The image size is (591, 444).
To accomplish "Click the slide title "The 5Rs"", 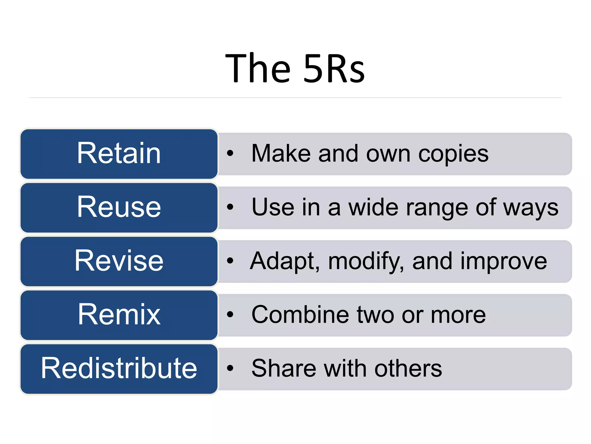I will (x=295, y=69).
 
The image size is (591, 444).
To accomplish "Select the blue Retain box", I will (x=119, y=154).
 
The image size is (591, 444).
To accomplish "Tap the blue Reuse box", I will (x=119, y=208).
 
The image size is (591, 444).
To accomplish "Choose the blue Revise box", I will (x=119, y=261).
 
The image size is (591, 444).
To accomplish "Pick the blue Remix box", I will (x=119, y=315).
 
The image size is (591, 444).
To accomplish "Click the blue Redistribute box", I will (x=119, y=369).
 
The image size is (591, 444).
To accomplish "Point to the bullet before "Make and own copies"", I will (x=230, y=153).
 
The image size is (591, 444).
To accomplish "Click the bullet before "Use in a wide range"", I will (x=230, y=207).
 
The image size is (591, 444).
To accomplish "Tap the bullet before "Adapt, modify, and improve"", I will (x=230, y=261).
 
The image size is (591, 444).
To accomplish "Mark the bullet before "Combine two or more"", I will (x=230, y=314).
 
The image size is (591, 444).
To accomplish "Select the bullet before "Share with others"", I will (x=230, y=368).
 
